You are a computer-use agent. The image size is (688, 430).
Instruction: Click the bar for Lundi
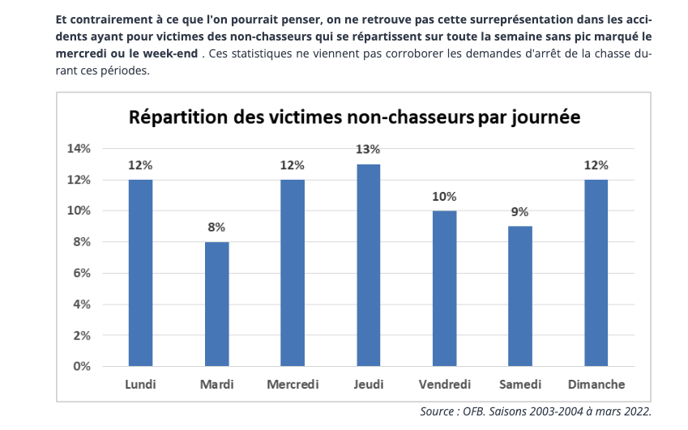pyautogui.click(x=140, y=273)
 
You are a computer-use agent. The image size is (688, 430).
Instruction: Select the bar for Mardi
pyautogui.click(x=216, y=304)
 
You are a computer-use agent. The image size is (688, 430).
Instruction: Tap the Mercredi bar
pyautogui.click(x=293, y=273)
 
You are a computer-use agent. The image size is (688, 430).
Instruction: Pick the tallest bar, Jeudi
pyautogui.click(x=368, y=265)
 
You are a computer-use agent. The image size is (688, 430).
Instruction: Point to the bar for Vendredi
pyautogui.click(x=444, y=288)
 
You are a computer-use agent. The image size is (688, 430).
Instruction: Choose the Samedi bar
pyautogui.click(x=519, y=296)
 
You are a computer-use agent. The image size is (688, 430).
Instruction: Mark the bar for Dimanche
pyautogui.click(x=596, y=273)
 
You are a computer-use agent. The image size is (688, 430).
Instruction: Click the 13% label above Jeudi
pyautogui.click(x=368, y=149)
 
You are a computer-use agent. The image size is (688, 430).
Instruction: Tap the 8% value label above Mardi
pyautogui.click(x=216, y=227)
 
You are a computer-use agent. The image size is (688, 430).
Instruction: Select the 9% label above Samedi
pyautogui.click(x=519, y=211)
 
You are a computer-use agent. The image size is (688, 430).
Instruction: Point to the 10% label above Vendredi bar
pyautogui.click(x=444, y=196)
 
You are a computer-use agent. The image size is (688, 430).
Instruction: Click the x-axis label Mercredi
pyautogui.click(x=293, y=384)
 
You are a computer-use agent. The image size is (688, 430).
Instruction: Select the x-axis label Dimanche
pyautogui.click(x=596, y=384)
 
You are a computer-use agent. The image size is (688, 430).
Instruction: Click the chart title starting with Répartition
pyautogui.click(x=355, y=117)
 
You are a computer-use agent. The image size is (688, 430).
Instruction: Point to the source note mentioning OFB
pyautogui.click(x=536, y=411)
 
